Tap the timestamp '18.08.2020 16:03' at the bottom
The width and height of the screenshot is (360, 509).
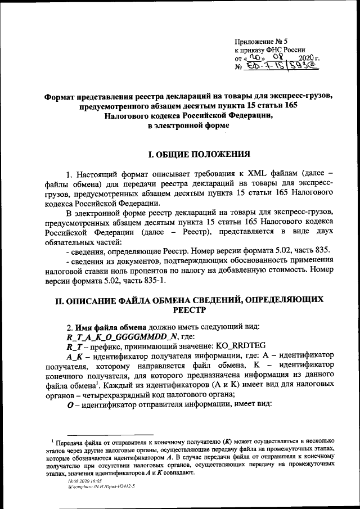83,482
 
